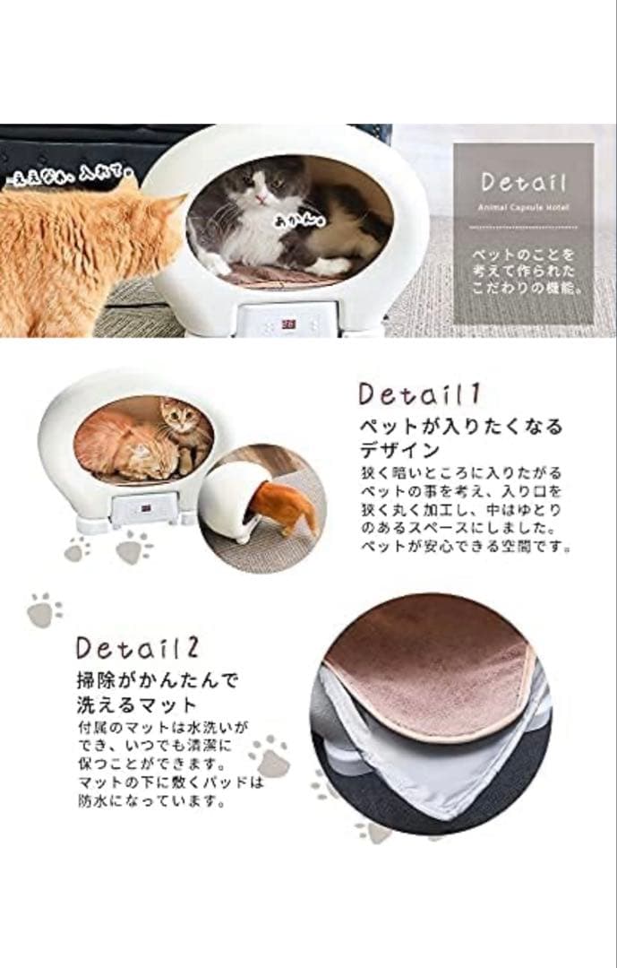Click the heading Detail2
[139, 648]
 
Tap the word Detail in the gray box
[524, 183]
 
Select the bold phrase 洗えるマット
[134, 704]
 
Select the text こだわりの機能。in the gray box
[524, 291]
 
